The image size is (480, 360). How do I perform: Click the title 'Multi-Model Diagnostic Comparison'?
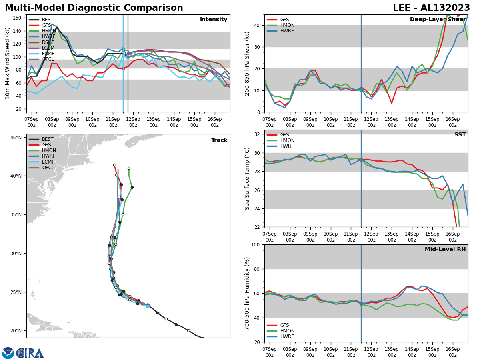(x=94, y=8)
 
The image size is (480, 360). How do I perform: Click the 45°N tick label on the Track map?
(x=16, y=138)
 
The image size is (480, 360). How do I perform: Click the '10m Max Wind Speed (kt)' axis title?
(x=8, y=63)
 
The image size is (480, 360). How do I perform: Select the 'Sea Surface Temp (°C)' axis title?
(x=247, y=178)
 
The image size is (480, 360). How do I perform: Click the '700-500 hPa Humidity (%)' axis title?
(x=247, y=293)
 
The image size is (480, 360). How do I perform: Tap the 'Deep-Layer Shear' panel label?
(x=438, y=20)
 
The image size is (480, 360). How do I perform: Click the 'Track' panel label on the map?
(x=219, y=140)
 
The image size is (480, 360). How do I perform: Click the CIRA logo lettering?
(x=30, y=353)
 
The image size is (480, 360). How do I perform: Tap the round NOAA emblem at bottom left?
(x=8, y=353)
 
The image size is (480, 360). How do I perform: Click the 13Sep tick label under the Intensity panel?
(x=153, y=122)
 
